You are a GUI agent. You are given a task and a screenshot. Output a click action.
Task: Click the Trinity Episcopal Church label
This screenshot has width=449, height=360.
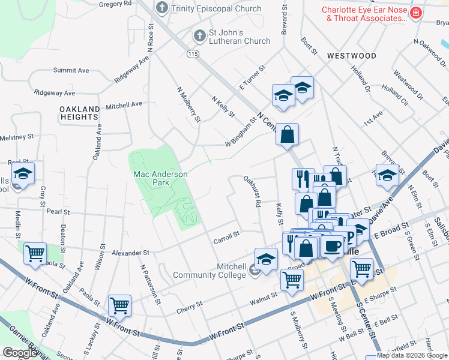pos(216,8)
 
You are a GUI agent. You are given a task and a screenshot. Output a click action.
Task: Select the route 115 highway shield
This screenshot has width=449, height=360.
pos(192,54)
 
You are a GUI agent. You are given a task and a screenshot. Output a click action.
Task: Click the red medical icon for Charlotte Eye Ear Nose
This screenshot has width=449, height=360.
pos(415,13)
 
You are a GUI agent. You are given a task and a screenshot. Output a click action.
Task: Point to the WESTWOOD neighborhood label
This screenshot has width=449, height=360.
pos(352,56)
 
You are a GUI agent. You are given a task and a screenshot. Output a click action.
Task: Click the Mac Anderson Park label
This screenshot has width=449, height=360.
pos(160,178)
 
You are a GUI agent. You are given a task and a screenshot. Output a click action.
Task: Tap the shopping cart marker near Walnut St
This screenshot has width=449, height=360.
pos(292,279)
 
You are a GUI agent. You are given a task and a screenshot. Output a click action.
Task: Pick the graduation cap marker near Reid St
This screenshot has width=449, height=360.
pos(23,174)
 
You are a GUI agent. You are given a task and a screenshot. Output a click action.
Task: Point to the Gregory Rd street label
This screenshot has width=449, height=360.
pos(115,4)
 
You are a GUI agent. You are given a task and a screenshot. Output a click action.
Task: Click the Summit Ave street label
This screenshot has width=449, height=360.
pos(71,70)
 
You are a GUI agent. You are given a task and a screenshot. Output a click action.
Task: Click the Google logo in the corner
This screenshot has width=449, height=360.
pos(20,353)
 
